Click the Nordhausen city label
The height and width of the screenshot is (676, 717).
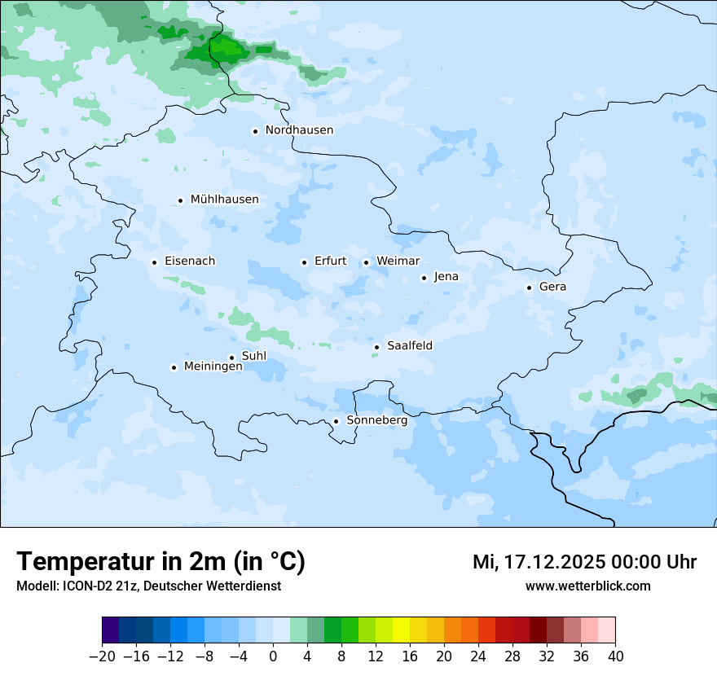pyautogui.click(x=299, y=130)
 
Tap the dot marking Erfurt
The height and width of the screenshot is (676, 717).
pyautogui.click(x=304, y=262)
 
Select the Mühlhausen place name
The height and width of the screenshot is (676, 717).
pyautogui.click(x=224, y=200)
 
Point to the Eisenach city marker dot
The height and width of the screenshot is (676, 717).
pyautogui.click(x=154, y=262)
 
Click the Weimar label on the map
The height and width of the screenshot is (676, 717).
pyautogui.click(x=398, y=261)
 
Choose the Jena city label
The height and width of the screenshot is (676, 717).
pyautogui.click(x=446, y=277)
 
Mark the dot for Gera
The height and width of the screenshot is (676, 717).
pyautogui.click(x=529, y=288)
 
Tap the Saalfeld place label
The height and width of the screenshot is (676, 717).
pyautogui.click(x=409, y=346)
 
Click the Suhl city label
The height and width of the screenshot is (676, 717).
pyautogui.click(x=253, y=356)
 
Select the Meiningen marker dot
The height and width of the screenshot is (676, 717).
pyautogui.click(x=174, y=367)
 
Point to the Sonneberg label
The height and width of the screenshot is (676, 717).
pyautogui.click(x=376, y=421)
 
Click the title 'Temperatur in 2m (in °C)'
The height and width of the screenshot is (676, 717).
pyautogui.click(x=161, y=562)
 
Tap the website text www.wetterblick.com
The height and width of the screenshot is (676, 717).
pyautogui.click(x=587, y=586)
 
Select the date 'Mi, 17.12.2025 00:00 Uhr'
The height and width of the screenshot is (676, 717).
pyautogui.click(x=584, y=562)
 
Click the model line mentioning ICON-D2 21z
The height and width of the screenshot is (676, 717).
pyautogui.click(x=148, y=586)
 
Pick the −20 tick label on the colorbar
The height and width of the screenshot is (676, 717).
pyautogui.click(x=102, y=656)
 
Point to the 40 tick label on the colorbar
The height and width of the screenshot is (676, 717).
pyautogui.click(x=615, y=656)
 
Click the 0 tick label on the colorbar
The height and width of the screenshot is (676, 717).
pyautogui.click(x=273, y=656)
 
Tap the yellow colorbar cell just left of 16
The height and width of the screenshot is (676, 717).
pyautogui.click(x=401, y=630)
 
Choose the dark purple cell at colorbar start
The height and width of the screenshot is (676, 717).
pyautogui.click(x=111, y=630)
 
